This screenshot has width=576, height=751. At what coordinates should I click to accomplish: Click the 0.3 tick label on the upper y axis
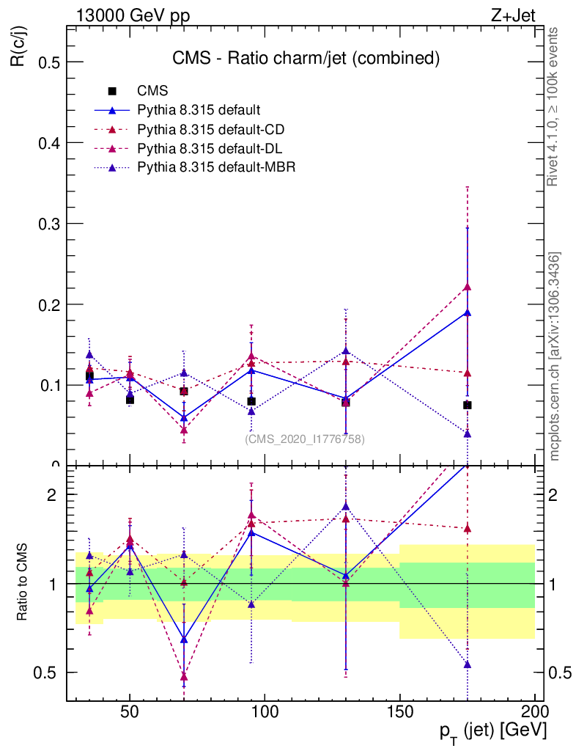(48, 223)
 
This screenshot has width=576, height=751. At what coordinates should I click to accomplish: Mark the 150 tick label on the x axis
(399, 711)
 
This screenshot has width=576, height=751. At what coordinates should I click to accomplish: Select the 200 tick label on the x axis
(534, 711)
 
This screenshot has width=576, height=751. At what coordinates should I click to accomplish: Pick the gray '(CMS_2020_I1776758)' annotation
(304, 439)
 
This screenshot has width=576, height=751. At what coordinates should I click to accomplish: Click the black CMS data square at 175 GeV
(467, 405)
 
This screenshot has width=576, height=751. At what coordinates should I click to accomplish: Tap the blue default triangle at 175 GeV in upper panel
(467, 313)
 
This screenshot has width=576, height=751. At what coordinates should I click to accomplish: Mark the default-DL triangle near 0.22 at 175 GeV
(467, 287)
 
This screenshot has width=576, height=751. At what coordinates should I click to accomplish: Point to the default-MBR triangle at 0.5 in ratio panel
(467, 664)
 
